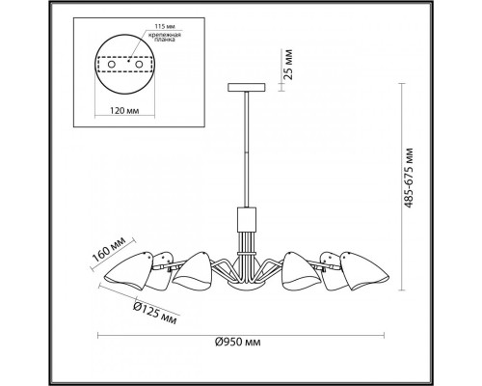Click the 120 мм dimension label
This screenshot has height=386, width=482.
tap(124, 111)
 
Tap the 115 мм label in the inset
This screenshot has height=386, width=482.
tap(165, 26)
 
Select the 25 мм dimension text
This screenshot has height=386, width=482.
tap(288, 65)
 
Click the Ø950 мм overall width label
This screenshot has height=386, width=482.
tap(238, 342)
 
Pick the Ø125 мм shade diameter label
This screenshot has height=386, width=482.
tap(155, 313)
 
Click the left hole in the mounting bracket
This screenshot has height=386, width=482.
tap(112, 65)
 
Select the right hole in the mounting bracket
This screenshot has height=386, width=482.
tap(139, 65)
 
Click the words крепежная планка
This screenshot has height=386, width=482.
tap(165, 37)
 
